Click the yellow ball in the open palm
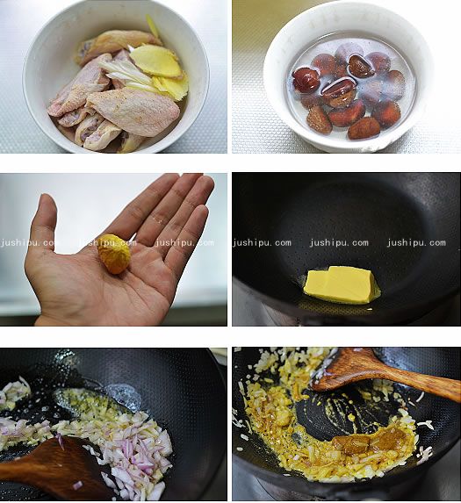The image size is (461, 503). [114, 254]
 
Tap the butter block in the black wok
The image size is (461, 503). [341, 284]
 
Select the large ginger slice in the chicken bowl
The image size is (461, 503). [156, 61]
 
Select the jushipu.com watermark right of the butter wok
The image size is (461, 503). [416, 243]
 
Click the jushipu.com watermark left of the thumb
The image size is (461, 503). [28, 242]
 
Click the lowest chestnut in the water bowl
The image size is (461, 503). [364, 128]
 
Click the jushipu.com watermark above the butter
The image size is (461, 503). [339, 243]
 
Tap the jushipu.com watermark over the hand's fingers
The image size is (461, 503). [184, 243]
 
